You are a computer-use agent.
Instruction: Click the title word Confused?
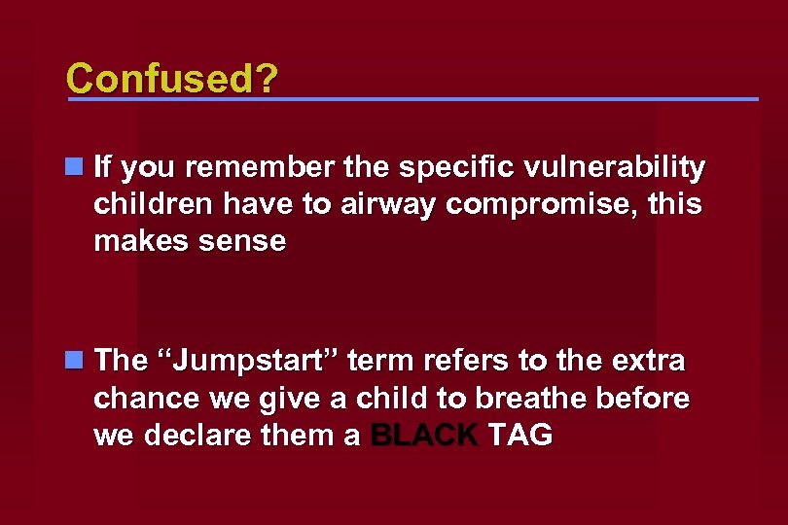(x=170, y=77)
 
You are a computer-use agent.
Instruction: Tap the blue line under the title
(x=412, y=99)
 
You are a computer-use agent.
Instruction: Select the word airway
(x=376, y=205)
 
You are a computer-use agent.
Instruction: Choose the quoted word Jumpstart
(x=247, y=361)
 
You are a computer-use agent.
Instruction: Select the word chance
(x=139, y=398)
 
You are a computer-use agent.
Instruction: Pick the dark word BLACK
(x=424, y=436)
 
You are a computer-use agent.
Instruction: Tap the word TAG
(x=520, y=436)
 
